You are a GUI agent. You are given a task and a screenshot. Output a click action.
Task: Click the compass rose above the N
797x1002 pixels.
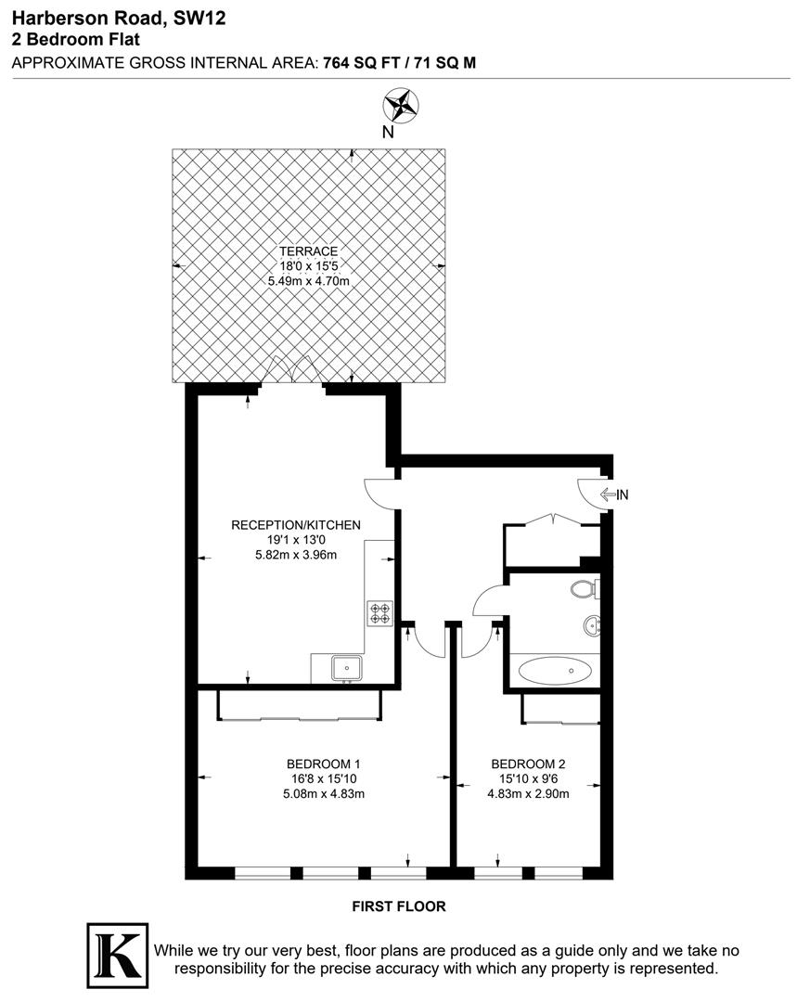pos(401,104)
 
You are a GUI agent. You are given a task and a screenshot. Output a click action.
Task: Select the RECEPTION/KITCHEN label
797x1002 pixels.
pos(295,525)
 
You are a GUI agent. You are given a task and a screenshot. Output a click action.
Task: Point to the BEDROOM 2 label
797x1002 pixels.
pos(528,764)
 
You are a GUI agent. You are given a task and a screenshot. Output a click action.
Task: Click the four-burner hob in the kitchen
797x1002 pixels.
pos(380,612)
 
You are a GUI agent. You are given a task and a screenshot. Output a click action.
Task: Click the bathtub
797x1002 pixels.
pos(555,669)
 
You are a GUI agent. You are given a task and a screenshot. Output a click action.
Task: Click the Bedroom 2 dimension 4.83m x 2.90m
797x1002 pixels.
pos(528,793)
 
